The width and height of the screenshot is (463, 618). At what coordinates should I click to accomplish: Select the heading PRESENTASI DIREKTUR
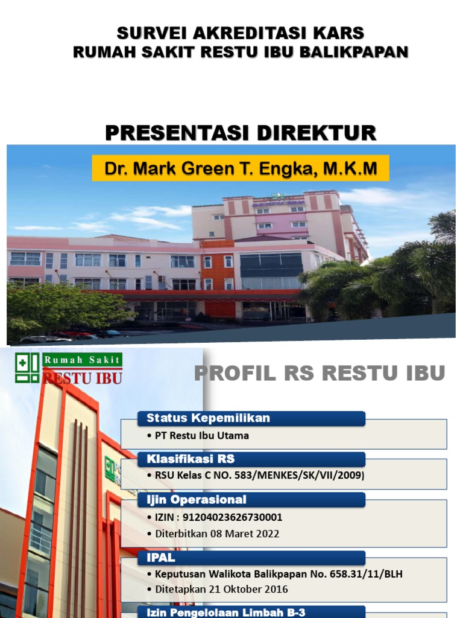coord(241,133)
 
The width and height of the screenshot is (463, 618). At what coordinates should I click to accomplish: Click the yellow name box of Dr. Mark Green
coord(241,168)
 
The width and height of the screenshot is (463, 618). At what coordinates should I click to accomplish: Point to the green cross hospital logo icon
coord(27,368)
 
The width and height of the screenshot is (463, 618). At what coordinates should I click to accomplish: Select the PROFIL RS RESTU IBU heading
coord(320,374)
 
